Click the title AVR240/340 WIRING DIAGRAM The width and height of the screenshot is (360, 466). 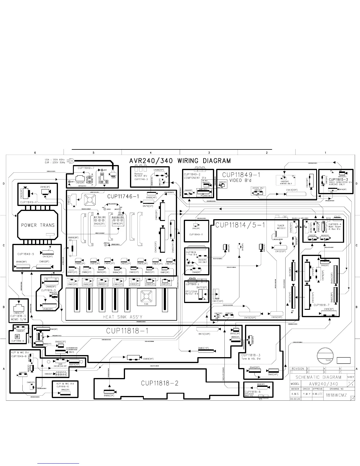(x=180, y=161)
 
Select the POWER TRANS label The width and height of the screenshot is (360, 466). (x=38, y=225)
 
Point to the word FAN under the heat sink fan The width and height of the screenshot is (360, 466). (x=146, y=304)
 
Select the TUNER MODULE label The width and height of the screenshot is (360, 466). (x=281, y=227)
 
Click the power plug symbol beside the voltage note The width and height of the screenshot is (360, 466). (x=71, y=161)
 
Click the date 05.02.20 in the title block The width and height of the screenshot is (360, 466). (x=295, y=398)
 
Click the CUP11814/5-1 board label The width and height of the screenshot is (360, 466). (x=240, y=225)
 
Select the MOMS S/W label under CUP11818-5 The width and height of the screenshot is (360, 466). (x=19, y=319)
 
